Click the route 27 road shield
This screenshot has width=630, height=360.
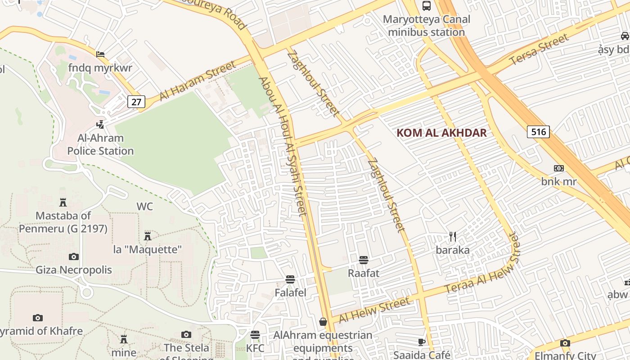coord(136,102)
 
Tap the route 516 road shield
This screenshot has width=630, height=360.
coord(538,132)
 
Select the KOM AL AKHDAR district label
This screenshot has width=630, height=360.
coord(441,133)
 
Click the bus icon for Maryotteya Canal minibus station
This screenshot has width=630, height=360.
coord(426,6)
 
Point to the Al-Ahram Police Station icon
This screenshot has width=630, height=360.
coord(101,124)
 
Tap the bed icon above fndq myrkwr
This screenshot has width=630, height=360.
coord(100,54)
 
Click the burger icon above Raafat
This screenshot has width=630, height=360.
coord(364,260)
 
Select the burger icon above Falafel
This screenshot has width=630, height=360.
coord(290,279)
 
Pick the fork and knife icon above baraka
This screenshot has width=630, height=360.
coord(453,236)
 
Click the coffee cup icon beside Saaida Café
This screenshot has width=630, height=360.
coord(422,342)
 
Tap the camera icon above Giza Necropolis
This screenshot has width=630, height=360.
coord(74,256)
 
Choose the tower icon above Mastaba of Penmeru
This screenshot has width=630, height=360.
coord(63,202)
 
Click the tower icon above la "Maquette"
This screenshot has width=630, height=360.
coord(147,236)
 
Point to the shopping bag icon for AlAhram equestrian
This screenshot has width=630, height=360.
coord(323,322)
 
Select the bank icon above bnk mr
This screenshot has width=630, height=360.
coord(558,168)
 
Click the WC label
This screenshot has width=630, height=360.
coord(145,207)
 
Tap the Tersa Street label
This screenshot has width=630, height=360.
coord(539,49)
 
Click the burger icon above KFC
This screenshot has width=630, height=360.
coord(255,335)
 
